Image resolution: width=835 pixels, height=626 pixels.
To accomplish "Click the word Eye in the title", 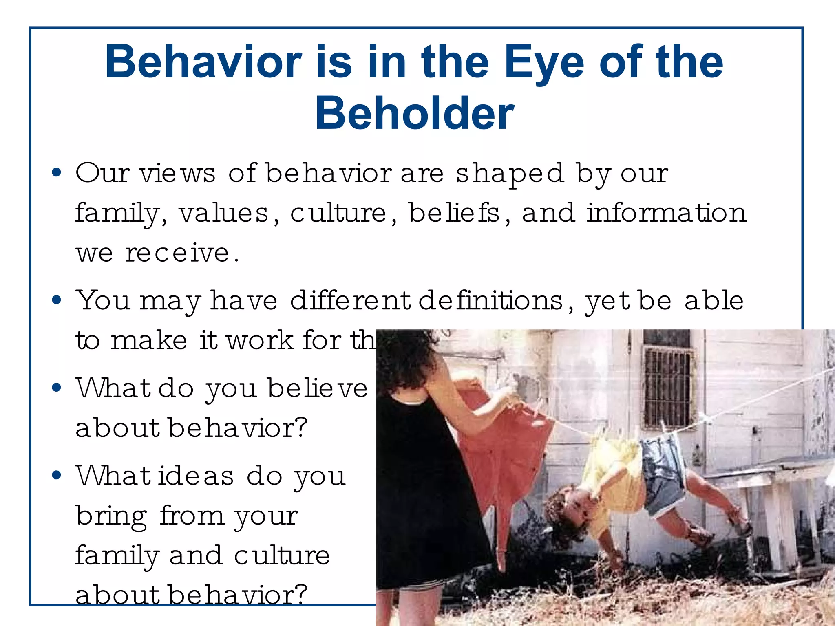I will pyautogui.click(x=544, y=63).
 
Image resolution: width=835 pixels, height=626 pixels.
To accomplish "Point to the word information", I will pyautogui.click(x=667, y=213).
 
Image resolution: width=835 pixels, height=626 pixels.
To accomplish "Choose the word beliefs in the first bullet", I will pyautogui.click(x=454, y=213).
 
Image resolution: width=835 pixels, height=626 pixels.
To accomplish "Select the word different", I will pyautogui.click(x=350, y=301).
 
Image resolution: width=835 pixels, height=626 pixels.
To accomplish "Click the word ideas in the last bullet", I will pyautogui.click(x=196, y=476).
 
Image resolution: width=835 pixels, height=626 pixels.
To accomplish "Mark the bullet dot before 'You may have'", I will pyautogui.click(x=57, y=300).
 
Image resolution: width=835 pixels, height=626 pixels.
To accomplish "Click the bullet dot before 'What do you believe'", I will pyautogui.click(x=57, y=387).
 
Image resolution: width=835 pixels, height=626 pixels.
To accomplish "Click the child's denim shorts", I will pyautogui.click(x=663, y=469).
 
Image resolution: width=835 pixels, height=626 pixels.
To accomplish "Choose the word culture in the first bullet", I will pyautogui.click(x=338, y=213).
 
